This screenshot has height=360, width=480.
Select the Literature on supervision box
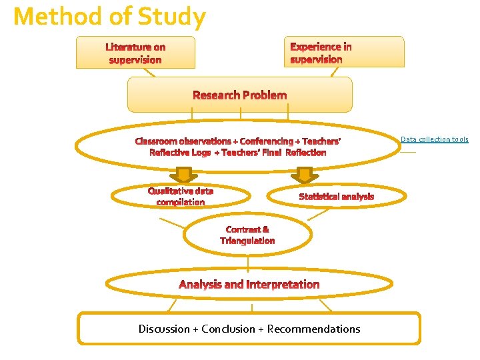coord(135,53)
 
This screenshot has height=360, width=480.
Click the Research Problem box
coord(239,95)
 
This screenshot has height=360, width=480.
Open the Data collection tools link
coord(434,139)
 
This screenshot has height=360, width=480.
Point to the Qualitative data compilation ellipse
coord(180,197)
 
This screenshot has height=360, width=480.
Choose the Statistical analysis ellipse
coord(336,196)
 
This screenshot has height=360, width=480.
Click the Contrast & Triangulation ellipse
coord(247,235)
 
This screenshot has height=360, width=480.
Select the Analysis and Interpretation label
coord(249,285)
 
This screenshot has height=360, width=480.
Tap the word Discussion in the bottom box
coord(164,329)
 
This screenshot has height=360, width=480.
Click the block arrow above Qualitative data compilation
coord(181,175)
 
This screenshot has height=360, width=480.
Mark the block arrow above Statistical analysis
coord(305,175)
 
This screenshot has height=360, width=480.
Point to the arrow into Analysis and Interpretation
coord(248,265)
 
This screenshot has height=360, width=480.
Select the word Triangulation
coord(247,241)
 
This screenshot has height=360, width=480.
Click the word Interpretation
coord(283,285)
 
